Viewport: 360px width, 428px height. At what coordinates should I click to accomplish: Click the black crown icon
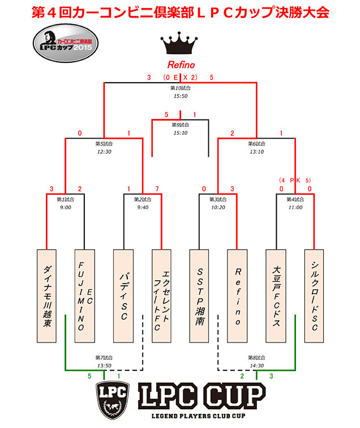point(181,42)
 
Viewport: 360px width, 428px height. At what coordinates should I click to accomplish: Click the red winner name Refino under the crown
point(181,65)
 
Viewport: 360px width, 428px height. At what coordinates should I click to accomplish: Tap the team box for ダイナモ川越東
point(47,296)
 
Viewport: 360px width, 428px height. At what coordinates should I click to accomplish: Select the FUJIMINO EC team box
point(85,296)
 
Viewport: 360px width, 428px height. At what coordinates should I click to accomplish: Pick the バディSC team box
point(123,296)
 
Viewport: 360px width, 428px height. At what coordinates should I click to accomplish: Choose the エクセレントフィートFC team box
point(162,296)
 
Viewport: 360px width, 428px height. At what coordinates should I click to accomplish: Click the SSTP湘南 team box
point(200,296)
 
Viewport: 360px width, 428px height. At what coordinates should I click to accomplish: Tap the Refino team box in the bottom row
point(238,296)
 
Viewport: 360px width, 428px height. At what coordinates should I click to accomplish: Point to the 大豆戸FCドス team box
point(277,296)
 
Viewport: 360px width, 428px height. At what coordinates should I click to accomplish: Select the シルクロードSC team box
point(315,296)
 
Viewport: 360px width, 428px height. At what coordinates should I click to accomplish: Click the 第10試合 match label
point(181,88)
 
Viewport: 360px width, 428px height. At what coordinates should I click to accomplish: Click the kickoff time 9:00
point(66,207)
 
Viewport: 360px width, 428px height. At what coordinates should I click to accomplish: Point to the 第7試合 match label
point(104,357)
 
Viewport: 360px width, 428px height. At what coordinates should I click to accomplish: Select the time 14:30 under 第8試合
point(257,365)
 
